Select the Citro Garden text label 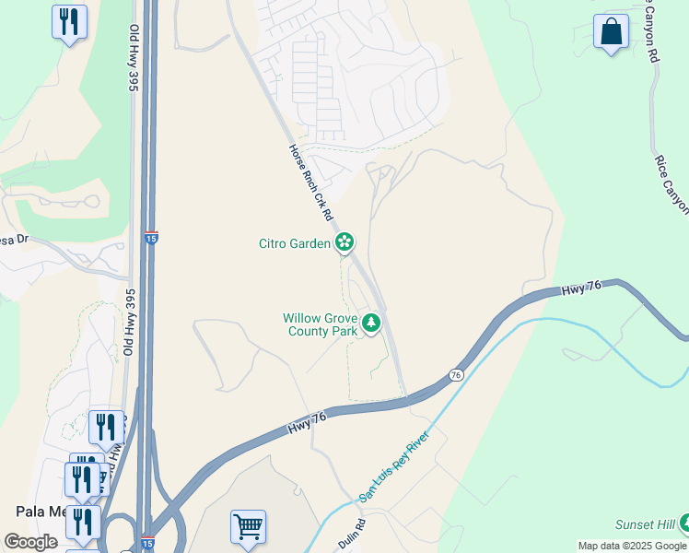point(294,244)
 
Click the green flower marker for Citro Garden point(344,243)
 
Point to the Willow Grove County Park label point(319,325)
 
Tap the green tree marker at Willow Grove point(371,323)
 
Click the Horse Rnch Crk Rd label point(310,182)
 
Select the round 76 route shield point(456,375)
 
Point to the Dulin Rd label point(352,534)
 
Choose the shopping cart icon point(248,527)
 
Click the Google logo point(30,542)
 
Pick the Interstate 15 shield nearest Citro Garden point(151,238)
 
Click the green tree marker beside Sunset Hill point(683,523)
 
